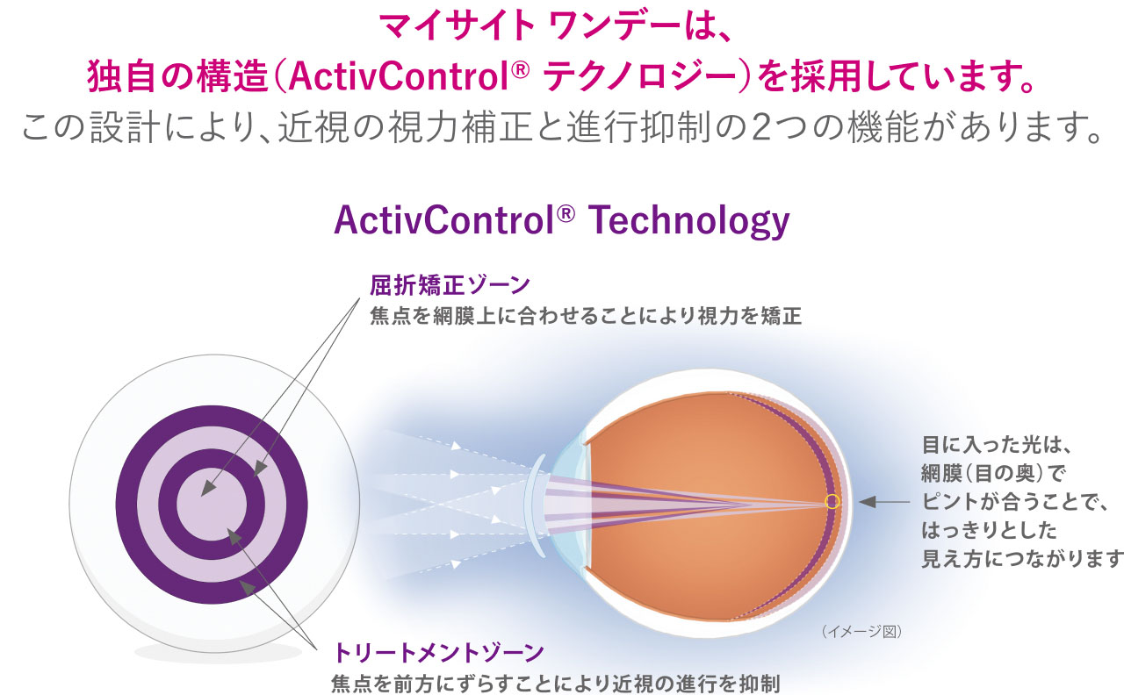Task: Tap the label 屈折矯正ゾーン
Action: [x=450, y=285]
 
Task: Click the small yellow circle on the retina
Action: [x=832, y=502]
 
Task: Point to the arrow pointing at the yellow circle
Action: [x=883, y=502]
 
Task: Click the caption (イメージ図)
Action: [x=861, y=630]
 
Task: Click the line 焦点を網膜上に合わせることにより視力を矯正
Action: [x=587, y=316]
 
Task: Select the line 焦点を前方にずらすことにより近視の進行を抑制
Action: [x=556, y=682]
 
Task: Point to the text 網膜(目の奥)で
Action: [x=992, y=474]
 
